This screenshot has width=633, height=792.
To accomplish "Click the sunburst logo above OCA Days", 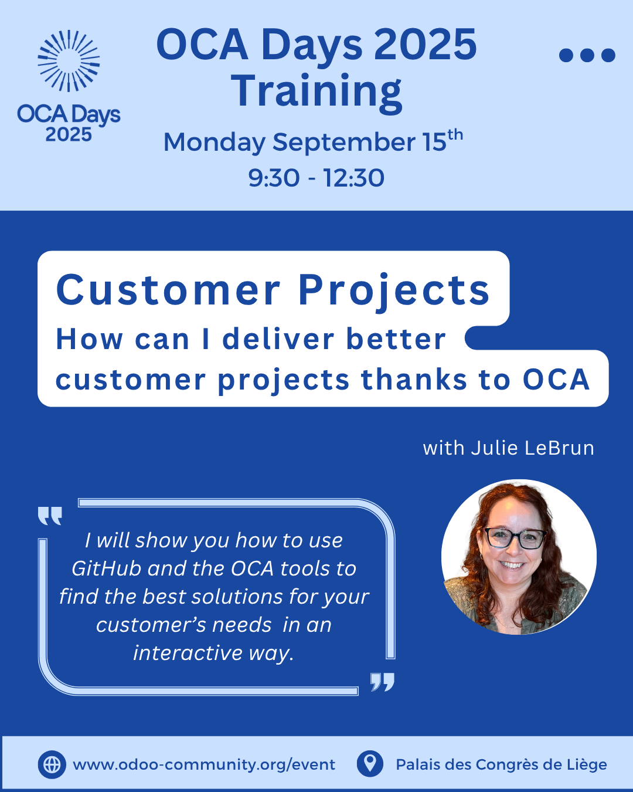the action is tap(69, 61).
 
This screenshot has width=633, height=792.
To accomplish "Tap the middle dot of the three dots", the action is tap(587, 55).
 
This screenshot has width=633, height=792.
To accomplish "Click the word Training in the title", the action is tap(316, 92).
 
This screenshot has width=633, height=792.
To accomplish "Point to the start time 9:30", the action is tap(274, 178).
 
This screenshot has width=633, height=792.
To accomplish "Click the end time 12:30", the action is tap(354, 178).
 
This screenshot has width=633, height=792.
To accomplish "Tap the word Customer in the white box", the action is tap(168, 290).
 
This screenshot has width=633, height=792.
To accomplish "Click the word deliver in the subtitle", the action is tap(278, 339).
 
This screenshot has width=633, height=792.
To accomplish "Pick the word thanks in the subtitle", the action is tap(414, 380).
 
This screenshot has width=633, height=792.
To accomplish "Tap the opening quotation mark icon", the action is tap(50, 516).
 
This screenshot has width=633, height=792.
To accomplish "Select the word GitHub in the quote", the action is tap(107, 569).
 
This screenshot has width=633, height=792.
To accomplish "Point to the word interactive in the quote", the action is tap(188, 653).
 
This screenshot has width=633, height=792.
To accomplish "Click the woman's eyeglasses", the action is tap(515, 539).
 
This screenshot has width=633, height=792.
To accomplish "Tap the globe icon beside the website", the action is tap(52, 765).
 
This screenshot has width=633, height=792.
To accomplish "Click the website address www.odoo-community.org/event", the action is tap(204, 765).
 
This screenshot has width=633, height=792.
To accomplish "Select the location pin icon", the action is tap(370, 764).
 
